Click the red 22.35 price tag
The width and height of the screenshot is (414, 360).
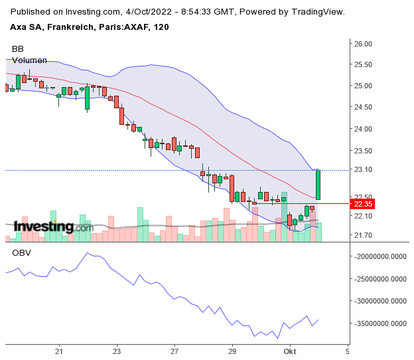click(x=364, y=204)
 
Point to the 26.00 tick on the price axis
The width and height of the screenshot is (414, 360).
click(x=363, y=44)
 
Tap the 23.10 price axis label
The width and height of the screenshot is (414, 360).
click(x=363, y=170)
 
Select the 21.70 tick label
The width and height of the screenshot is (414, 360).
click(x=363, y=235)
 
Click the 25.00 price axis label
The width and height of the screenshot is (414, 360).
click(x=363, y=86)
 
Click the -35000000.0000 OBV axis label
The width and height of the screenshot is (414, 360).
click(x=380, y=323)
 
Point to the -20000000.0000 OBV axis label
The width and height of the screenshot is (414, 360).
click(x=380, y=256)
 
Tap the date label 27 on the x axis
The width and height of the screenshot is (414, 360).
click(x=174, y=350)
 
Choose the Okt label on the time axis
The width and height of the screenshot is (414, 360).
click(x=290, y=350)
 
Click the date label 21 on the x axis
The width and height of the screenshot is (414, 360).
click(x=59, y=350)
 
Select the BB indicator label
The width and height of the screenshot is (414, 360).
click(x=17, y=49)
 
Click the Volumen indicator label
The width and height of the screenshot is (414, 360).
click(x=29, y=60)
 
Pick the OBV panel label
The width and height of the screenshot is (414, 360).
click(x=21, y=253)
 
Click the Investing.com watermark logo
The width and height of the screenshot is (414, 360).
click(x=53, y=227)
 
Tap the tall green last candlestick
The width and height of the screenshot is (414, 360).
click(x=318, y=185)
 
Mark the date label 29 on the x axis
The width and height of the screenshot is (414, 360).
click(x=232, y=350)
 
